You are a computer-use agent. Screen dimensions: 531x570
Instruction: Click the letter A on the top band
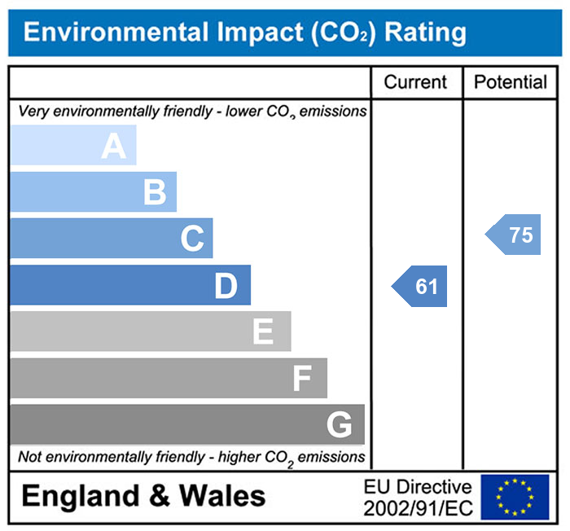coord(114,147)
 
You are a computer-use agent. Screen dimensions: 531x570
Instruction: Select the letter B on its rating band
coord(155,193)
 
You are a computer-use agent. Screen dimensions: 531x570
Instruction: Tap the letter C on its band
coord(192,239)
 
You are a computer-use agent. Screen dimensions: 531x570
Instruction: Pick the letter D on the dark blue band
coord(226,286)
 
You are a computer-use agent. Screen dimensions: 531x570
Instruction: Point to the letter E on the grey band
coord(262,332)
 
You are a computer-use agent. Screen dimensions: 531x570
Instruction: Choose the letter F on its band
coord(302,379)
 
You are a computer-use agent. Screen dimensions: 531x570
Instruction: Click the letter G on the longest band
coord(339,425)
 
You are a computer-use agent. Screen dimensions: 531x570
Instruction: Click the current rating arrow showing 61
coord(421,287)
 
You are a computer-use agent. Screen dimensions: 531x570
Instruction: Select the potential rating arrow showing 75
coord(515,235)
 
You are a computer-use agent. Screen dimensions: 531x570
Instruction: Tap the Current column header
coord(415,82)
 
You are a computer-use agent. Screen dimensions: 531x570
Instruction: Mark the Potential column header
coord(511,82)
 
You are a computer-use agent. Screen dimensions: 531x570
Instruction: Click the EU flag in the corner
coord(515,497)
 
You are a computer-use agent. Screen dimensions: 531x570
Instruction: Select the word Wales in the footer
coord(222,496)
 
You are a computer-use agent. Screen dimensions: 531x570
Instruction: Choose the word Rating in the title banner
coord(425,33)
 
